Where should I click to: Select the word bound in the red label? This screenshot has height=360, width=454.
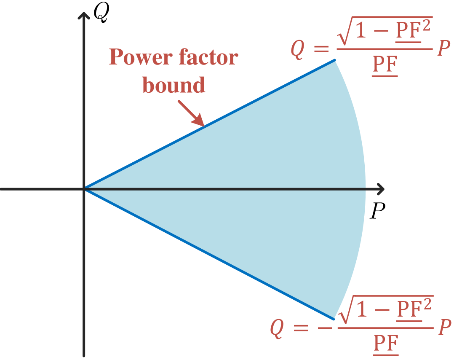(174, 85)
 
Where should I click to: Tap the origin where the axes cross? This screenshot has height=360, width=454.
(85, 189)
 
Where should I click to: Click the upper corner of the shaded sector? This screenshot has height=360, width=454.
(335, 60)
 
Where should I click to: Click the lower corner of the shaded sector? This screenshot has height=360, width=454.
(333, 319)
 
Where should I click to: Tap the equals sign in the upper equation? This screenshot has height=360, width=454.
(322, 49)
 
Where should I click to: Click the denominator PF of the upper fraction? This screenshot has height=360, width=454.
(385, 66)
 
